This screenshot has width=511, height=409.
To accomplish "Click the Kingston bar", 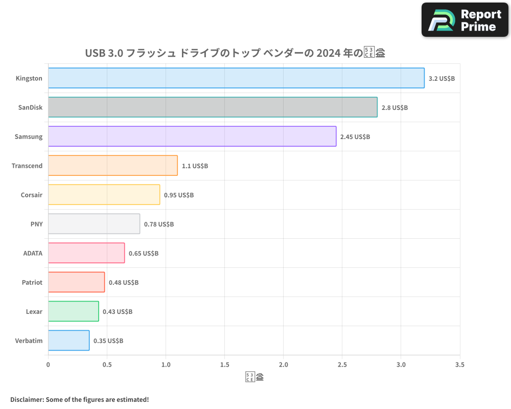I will (236, 78).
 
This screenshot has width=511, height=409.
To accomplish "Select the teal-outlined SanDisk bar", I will (213, 107).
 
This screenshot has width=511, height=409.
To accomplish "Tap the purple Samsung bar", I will (192, 137).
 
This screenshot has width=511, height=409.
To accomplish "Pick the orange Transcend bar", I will (113, 166).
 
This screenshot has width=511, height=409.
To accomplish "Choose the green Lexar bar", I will (74, 311).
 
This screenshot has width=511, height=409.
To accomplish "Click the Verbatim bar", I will (69, 340).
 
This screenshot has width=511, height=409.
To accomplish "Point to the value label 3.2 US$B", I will (442, 79).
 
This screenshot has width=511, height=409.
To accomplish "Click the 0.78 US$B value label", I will (159, 224).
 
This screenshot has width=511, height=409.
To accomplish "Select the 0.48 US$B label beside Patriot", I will (124, 283).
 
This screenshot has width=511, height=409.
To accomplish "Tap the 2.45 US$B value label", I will (355, 137).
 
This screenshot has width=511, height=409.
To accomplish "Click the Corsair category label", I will (32, 195).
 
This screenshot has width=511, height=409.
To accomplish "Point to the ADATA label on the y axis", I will (33, 253).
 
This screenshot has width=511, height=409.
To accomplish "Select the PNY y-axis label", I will (36, 224).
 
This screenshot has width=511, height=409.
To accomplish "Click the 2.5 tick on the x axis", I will (342, 365).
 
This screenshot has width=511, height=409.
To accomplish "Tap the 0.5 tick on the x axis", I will (107, 365).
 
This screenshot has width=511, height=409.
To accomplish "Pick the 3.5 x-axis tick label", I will (459, 365).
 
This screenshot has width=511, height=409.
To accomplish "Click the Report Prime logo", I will (465, 20).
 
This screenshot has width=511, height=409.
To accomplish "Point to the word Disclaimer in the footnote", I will (26, 399).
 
